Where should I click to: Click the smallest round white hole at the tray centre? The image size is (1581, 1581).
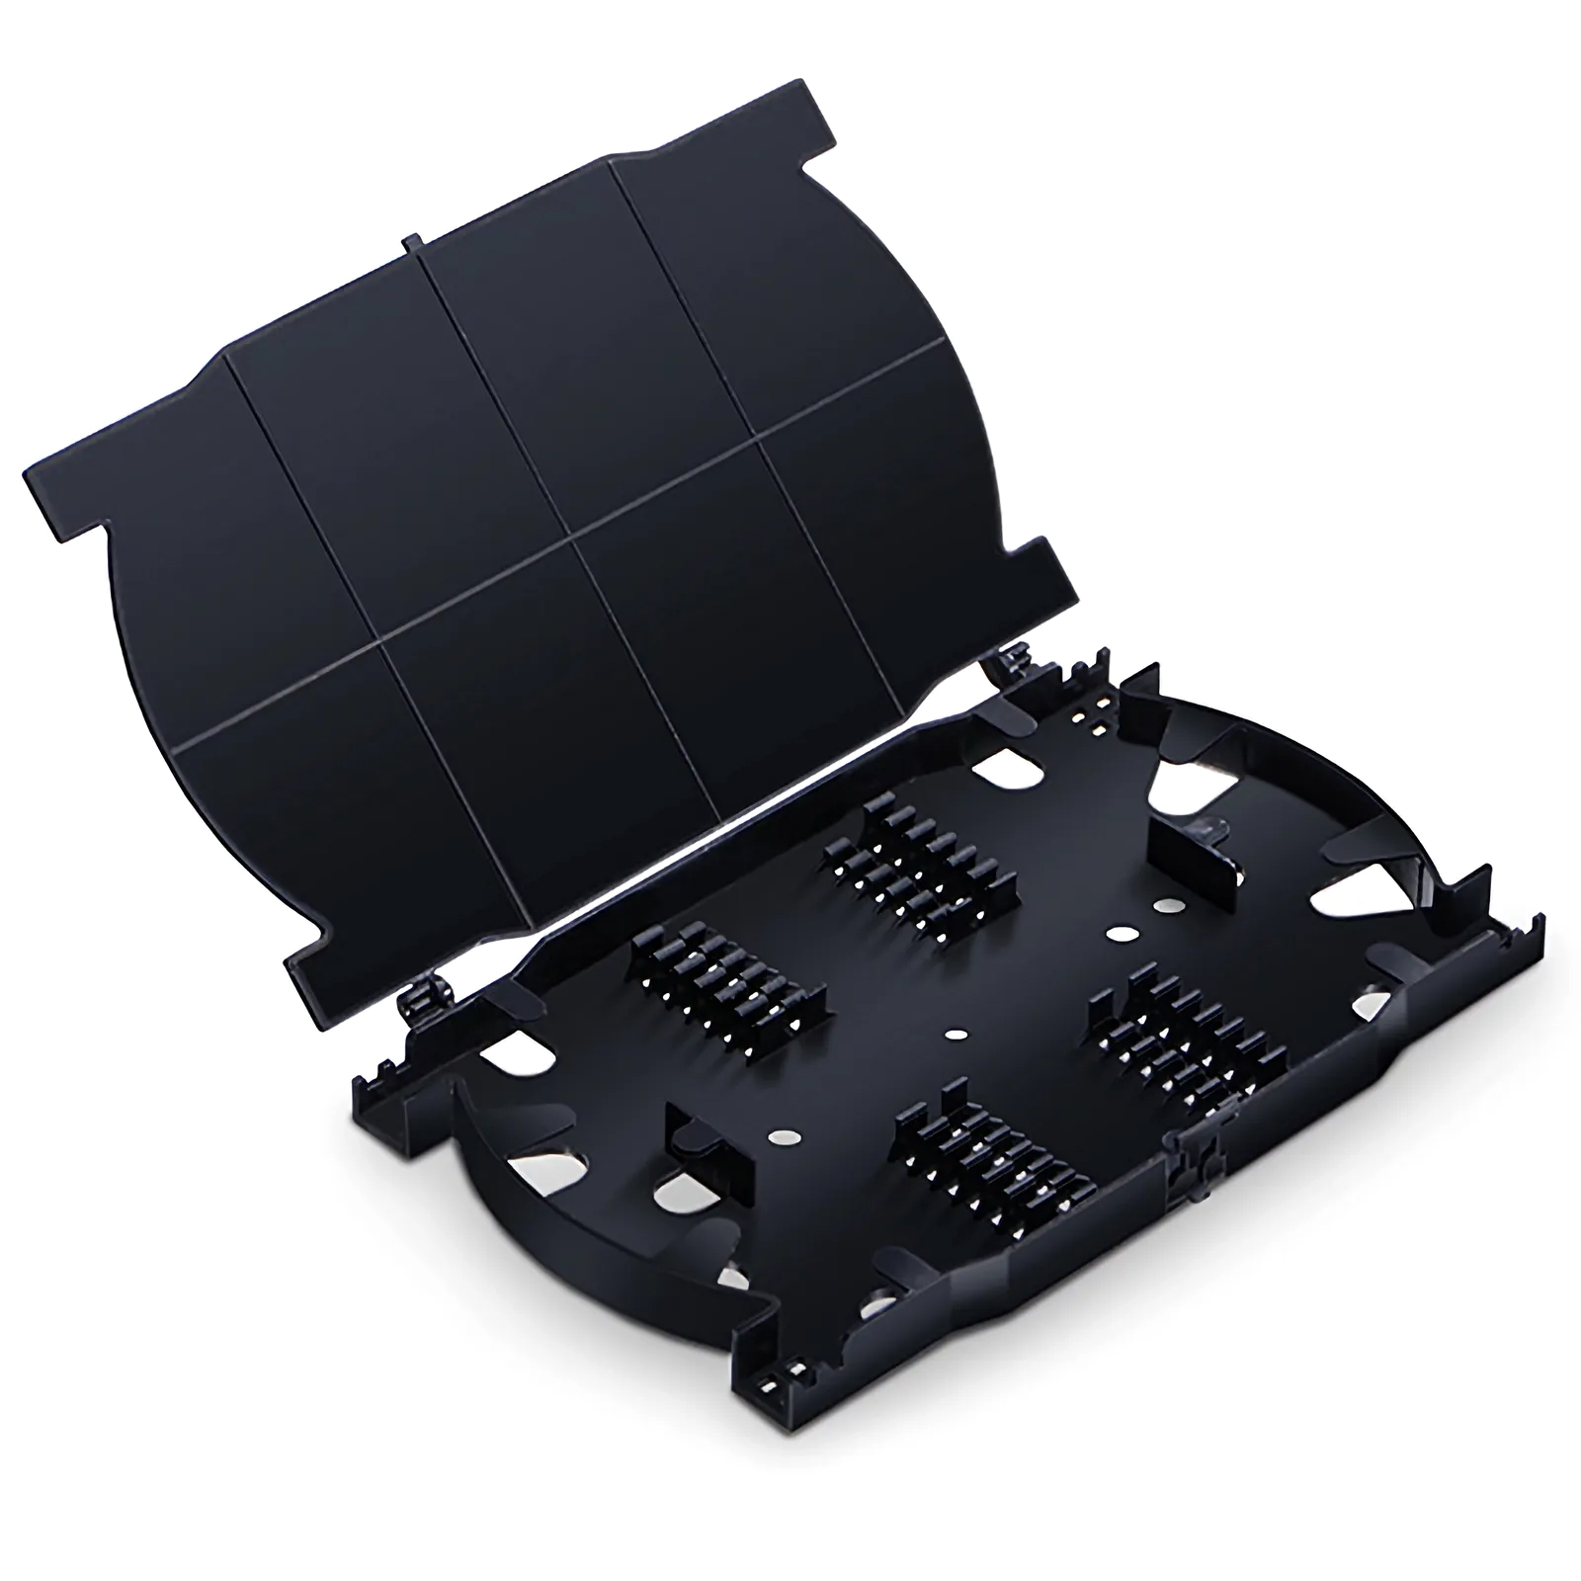(x=955, y=1035)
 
